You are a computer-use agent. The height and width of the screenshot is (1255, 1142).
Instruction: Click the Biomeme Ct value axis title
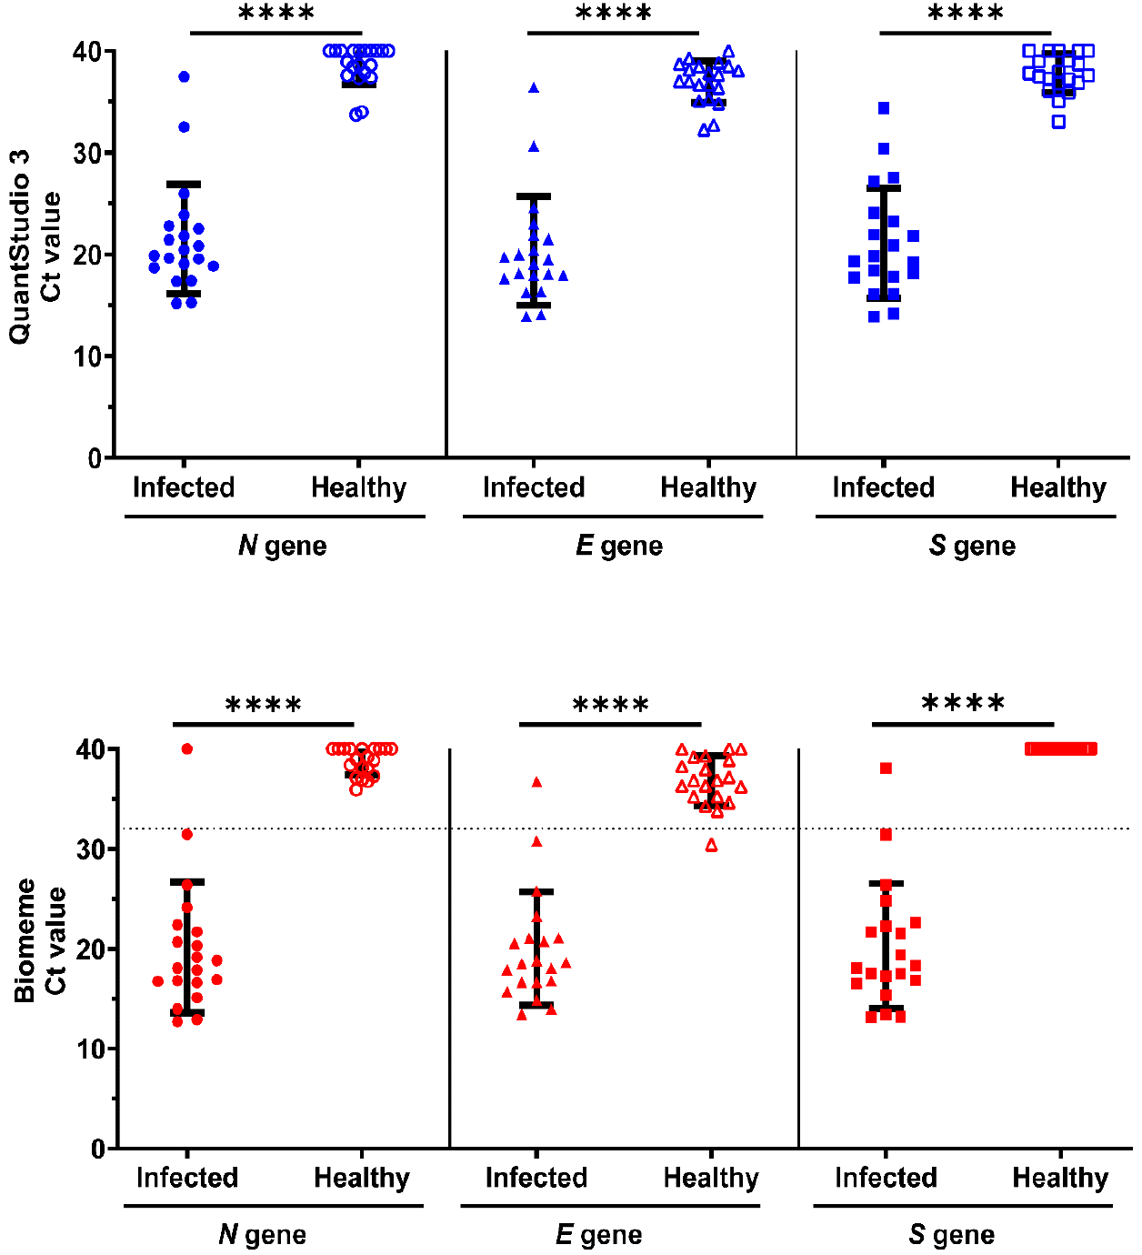39,940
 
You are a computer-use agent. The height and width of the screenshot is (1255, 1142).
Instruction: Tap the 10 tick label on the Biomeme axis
92,1049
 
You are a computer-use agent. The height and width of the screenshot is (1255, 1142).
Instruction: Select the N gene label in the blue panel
282,546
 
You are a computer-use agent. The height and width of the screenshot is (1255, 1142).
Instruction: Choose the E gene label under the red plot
598,1235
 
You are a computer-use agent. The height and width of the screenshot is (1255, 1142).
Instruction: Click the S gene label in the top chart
972,546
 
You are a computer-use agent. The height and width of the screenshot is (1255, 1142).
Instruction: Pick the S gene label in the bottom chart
951,1235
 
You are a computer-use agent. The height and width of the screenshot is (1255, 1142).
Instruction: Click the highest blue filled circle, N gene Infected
184,76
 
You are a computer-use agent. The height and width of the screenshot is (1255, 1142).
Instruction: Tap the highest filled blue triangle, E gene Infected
534,88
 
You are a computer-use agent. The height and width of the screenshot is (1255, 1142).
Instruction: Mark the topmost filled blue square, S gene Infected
884,108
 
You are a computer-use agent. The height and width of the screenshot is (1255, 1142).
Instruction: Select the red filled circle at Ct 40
187,748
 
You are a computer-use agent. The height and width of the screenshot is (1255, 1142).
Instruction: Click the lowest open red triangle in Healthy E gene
711,846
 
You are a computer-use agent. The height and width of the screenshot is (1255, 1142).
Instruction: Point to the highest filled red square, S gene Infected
886,768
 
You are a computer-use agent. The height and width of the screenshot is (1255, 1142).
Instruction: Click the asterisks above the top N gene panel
276,14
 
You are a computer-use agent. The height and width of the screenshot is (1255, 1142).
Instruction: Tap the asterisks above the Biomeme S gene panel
963,704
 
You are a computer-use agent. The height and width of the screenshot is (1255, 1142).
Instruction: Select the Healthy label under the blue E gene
708,487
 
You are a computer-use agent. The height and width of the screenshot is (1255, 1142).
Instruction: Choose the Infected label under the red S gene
886,1178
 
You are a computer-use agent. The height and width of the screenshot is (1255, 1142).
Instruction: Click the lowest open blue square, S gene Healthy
1058,122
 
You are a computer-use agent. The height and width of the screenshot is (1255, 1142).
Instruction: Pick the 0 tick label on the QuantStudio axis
95,457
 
